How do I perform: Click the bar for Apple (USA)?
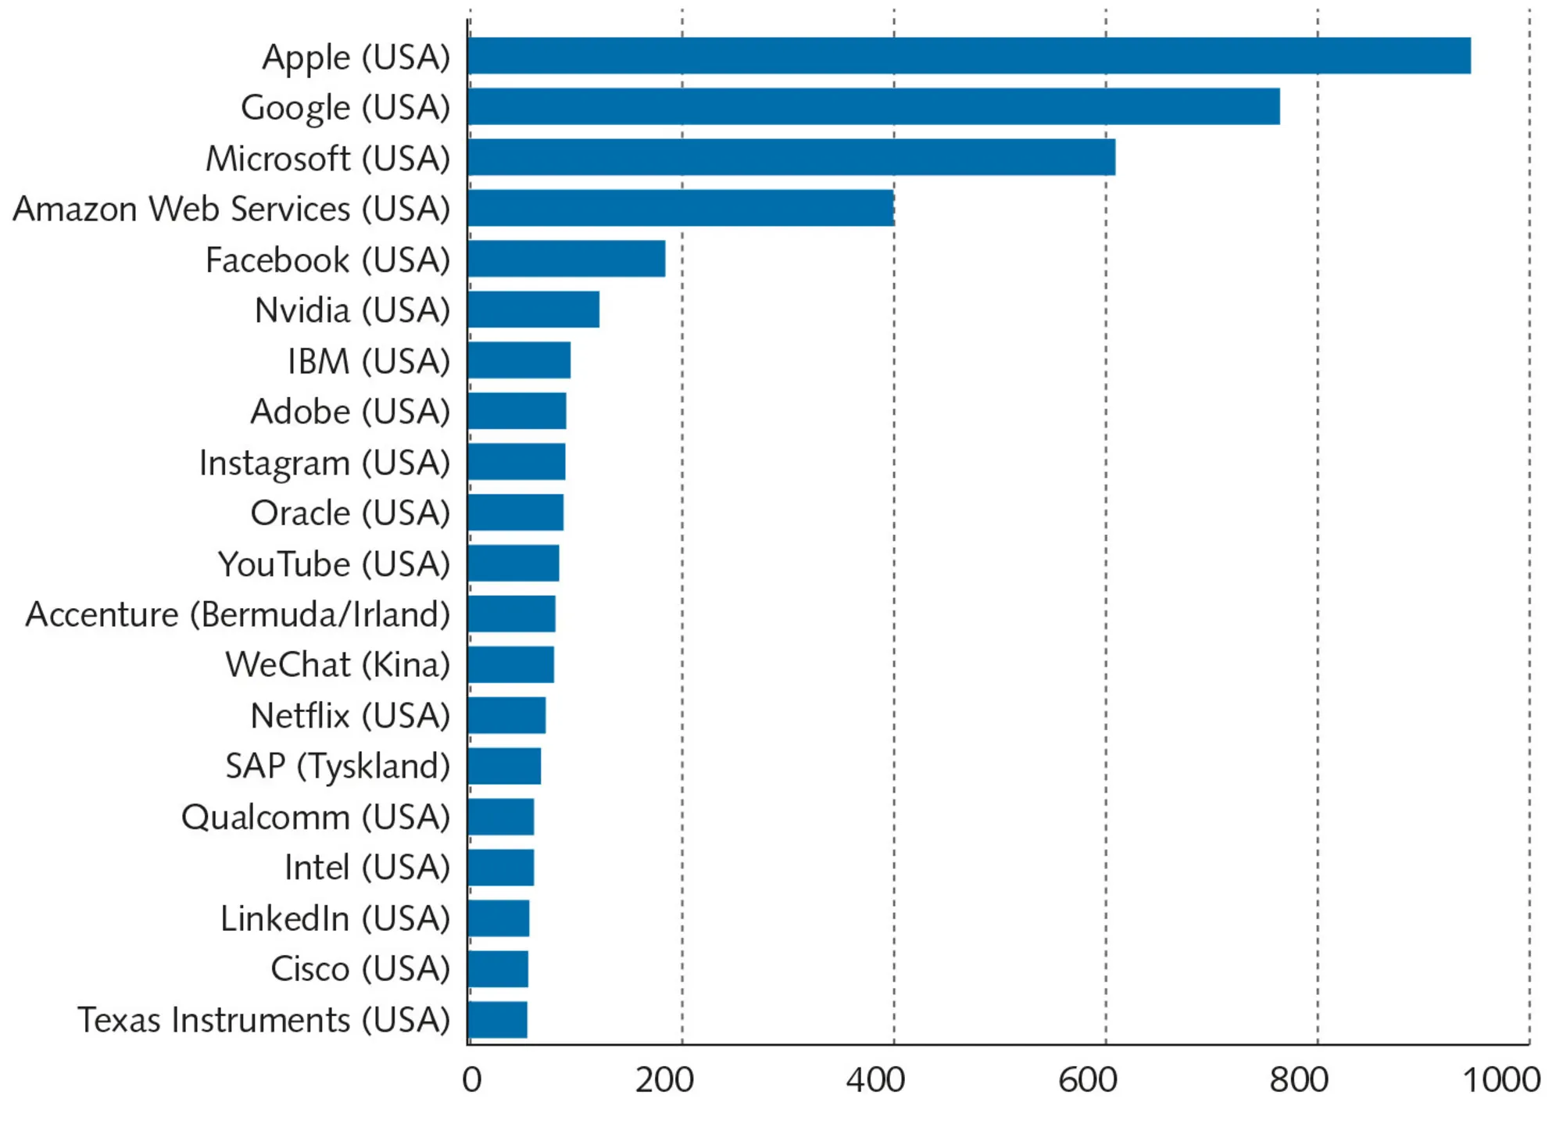point(969,55)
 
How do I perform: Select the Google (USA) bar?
point(874,106)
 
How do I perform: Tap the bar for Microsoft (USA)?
point(792,157)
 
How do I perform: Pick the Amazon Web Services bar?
point(681,208)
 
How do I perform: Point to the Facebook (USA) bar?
point(567,259)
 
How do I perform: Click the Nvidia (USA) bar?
point(534,310)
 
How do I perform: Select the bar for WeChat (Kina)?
point(511,664)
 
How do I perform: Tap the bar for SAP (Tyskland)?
point(504,766)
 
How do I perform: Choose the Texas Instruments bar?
point(498,1020)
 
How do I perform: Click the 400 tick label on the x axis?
point(875,1080)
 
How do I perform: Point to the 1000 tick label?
point(1501,1080)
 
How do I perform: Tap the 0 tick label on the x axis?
point(471,1080)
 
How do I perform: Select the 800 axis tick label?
point(1299,1080)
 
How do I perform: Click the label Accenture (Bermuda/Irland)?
point(238,614)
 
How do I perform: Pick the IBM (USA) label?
point(368,361)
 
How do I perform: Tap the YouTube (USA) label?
point(334,564)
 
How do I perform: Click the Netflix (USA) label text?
point(350,716)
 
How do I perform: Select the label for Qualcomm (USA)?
point(316,818)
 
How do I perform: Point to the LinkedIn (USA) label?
point(335,918)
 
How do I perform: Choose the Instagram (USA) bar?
point(517,461)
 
